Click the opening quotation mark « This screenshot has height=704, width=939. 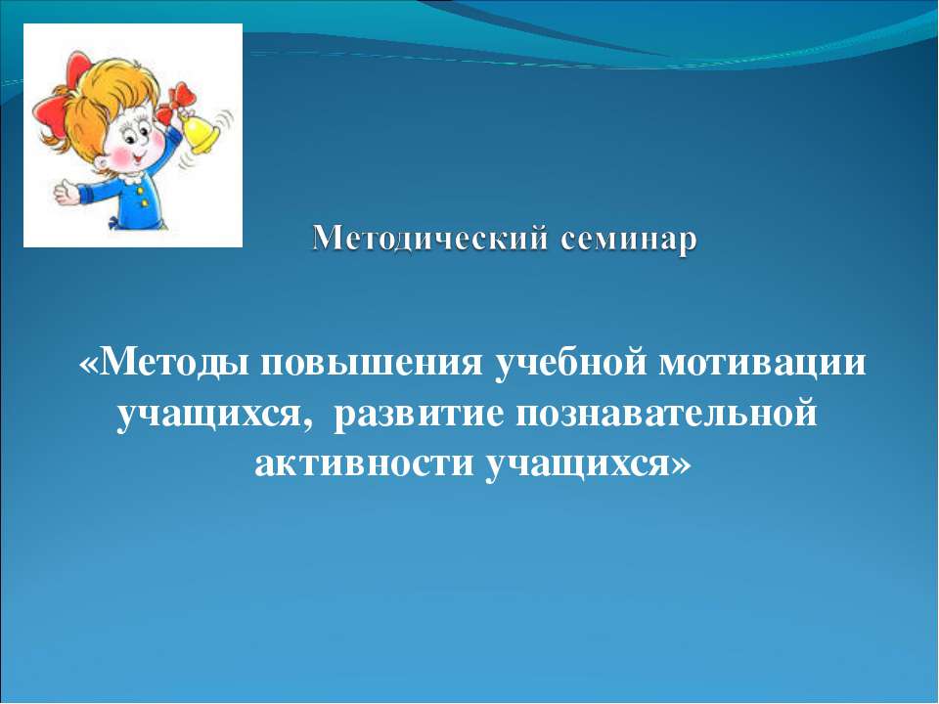click(88, 365)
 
